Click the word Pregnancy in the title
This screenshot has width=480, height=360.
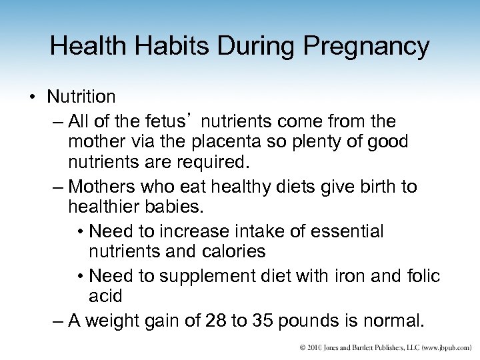pyautogui.click(x=367, y=46)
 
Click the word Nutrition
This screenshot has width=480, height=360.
pyautogui.click(x=81, y=97)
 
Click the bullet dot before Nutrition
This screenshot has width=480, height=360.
pyautogui.click(x=33, y=97)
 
